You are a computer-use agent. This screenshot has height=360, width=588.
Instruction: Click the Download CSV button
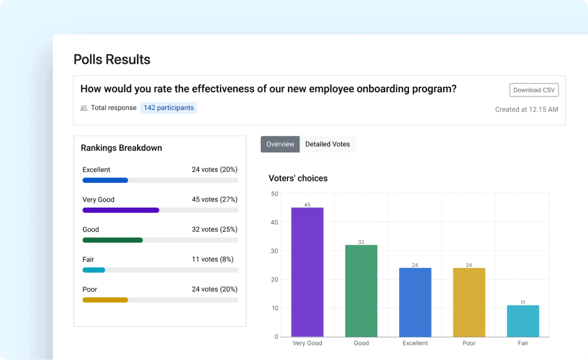point(534,90)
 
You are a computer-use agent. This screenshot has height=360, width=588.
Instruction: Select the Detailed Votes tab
point(327,144)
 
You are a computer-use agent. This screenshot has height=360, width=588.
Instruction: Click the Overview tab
point(280,144)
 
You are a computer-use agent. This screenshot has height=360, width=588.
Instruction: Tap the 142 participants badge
point(168,108)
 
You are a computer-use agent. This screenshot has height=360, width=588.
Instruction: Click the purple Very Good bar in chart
point(307,272)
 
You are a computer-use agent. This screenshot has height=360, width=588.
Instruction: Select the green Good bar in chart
point(361,291)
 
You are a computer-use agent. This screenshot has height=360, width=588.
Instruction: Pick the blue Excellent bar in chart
point(415,302)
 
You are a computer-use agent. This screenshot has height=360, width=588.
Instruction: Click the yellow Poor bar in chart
point(469,302)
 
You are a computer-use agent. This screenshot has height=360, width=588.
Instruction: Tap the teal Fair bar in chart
point(523,321)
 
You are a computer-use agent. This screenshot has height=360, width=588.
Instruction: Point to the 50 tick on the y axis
point(274,194)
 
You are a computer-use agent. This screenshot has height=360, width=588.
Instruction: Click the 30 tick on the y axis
point(274,251)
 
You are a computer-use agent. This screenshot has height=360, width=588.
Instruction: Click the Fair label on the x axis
point(523,344)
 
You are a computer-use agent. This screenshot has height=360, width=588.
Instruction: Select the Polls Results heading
point(112,59)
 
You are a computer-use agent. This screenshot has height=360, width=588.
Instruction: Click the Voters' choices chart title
point(298,178)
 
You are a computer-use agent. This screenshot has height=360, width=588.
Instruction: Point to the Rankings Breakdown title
point(121,148)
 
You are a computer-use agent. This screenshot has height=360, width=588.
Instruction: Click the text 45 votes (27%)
point(215,200)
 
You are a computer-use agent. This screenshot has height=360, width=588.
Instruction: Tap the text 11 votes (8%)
point(212,260)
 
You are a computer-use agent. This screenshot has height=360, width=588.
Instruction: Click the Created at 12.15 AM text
point(526,109)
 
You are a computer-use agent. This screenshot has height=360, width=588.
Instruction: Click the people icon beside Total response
point(84,108)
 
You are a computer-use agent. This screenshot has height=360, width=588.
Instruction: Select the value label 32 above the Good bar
point(361,242)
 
